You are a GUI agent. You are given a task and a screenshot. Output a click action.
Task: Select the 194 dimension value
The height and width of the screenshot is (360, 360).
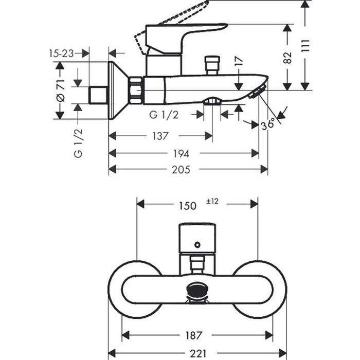coord(182,153)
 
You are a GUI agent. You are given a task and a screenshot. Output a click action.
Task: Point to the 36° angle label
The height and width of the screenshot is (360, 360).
coord(268,123)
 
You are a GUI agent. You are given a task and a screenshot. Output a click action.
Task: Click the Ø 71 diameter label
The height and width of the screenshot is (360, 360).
coord(60,91)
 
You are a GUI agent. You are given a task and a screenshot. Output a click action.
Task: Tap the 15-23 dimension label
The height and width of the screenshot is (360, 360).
coord(61,52)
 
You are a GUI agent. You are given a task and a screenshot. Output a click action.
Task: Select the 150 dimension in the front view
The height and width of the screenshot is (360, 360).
coord(187,205)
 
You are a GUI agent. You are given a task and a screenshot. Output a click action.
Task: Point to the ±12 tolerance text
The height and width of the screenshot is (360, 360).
coord(212,202)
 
